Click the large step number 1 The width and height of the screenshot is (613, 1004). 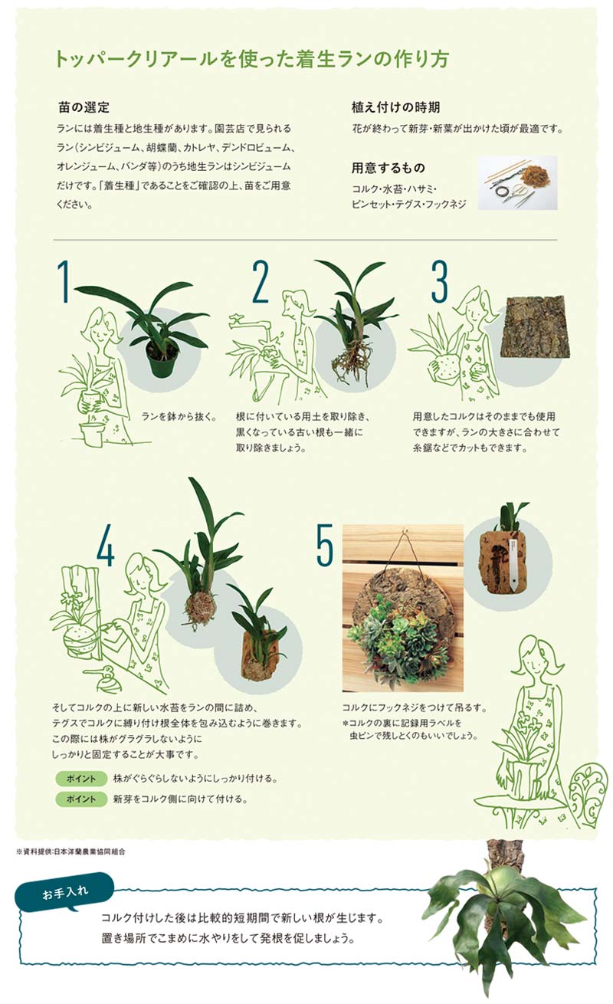pyautogui.click(x=64, y=282)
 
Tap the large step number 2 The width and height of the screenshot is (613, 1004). pyautogui.click(x=261, y=282)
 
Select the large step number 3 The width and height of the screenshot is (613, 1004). pyautogui.click(x=440, y=282)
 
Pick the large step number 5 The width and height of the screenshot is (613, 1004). pyautogui.click(x=325, y=544)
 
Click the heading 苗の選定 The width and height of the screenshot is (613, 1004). pyautogui.click(x=84, y=107)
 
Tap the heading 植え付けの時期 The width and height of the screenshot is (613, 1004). pyautogui.click(x=395, y=107)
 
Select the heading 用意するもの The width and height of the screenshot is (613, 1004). pyautogui.click(x=388, y=168)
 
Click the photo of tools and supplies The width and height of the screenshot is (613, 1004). pyautogui.click(x=517, y=182)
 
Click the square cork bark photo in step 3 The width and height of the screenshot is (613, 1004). pyautogui.click(x=535, y=326)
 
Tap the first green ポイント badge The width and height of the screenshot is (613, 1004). pyautogui.click(x=81, y=779)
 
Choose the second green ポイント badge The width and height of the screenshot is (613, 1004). pyautogui.click(x=81, y=799)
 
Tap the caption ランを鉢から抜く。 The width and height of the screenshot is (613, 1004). pyautogui.click(x=179, y=417)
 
